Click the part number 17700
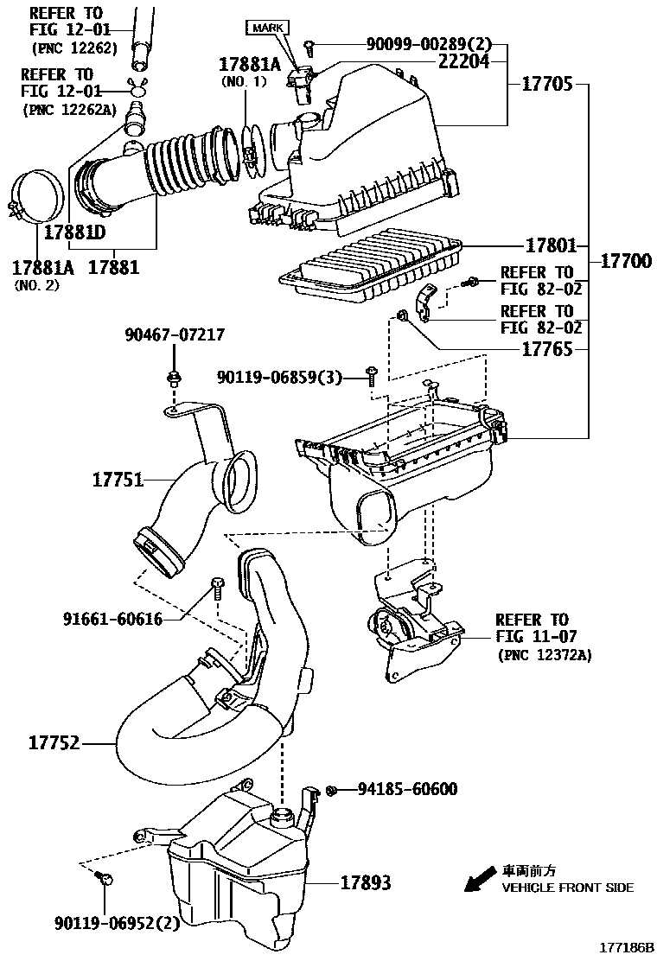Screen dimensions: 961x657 626,261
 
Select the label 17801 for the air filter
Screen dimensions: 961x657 551,245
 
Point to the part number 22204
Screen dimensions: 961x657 463,60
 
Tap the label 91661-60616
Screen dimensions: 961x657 112,619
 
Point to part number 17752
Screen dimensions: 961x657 54,742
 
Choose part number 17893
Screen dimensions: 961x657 365,882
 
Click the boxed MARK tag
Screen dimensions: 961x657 268,29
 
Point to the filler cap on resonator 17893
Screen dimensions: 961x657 284,816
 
